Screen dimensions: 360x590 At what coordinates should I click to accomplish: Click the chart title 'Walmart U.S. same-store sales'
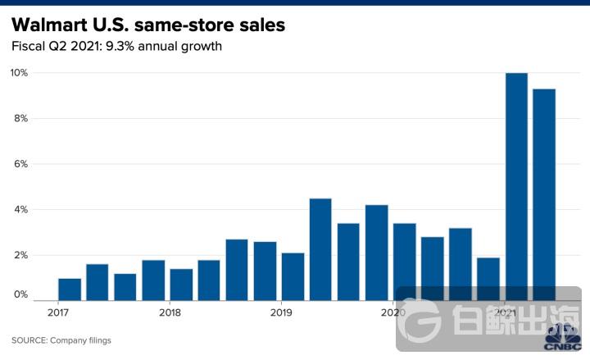coord(148,25)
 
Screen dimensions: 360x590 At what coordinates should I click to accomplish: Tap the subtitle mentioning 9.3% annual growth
coord(116,47)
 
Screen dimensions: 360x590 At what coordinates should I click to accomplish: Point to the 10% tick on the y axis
coord(19,73)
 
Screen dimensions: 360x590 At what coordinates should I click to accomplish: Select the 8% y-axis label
coord(19,118)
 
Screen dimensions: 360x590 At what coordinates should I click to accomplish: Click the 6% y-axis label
coord(19,164)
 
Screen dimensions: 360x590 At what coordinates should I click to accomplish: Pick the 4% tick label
coord(19,210)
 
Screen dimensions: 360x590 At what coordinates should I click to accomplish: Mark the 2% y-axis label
coord(19,255)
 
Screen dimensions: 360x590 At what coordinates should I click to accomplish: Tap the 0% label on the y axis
coord(19,294)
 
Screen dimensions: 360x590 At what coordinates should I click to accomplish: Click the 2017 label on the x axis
coord(58,312)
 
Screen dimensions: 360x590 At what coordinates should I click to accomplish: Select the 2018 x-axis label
coord(170,312)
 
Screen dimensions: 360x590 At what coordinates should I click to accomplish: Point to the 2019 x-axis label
coord(281,312)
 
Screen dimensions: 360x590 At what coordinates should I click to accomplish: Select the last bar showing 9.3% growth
coord(544,189)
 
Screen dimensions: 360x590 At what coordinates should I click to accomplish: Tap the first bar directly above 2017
coord(70,289)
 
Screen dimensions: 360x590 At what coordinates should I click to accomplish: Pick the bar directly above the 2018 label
coord(181,285)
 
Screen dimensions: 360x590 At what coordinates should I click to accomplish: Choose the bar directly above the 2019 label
coord(293,276)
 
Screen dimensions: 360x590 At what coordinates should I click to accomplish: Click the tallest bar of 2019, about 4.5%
coord(320,249)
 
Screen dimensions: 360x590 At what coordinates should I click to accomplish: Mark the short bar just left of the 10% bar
coord(488,279)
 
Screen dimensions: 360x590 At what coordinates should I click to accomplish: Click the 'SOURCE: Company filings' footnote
coord(61,340)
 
